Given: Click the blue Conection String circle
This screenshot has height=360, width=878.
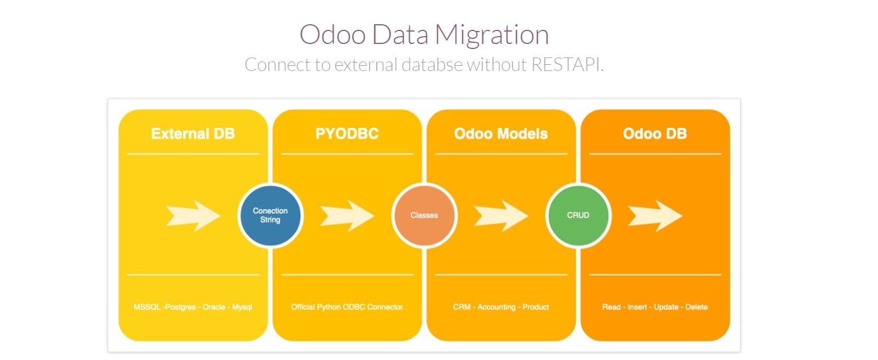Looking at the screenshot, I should [271, 215].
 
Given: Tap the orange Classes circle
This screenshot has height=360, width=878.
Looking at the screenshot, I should [424, 215].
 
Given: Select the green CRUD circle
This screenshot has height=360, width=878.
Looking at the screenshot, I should [578, 215].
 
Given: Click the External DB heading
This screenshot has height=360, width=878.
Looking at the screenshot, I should [193, 134].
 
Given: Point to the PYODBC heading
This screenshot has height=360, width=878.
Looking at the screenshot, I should [347, 134].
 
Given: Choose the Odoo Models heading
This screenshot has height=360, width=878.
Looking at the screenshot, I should [501, 134].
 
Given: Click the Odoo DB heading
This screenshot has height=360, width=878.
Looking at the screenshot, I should [655, 134].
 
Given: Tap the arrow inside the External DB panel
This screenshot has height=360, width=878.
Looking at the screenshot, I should [193, 215].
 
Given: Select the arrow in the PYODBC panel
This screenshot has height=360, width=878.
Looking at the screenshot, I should [347, 215].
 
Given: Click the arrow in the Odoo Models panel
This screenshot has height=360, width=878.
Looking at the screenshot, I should [501, 215].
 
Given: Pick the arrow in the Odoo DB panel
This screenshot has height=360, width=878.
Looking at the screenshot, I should [655, 215].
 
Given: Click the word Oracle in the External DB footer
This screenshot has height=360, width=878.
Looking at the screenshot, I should [215, 307].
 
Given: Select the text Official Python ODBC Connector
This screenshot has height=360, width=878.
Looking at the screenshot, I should [347, 307].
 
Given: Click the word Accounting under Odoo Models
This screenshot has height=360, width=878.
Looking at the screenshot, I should [496, 307].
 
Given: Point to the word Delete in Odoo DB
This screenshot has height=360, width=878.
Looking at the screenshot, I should [697, 307].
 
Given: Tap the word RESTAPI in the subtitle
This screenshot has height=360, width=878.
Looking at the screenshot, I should [567, 65].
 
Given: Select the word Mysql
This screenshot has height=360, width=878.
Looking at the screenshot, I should [243, 307].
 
